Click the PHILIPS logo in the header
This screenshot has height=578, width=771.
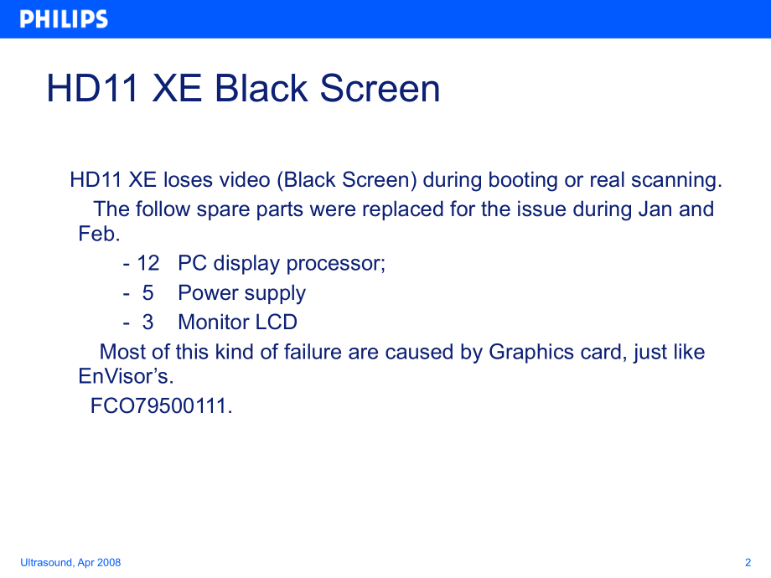pyautogui.click(x=64, y=19)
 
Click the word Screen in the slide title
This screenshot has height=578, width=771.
pyautogui.click(x=380, y=89)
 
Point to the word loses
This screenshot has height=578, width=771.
pyautogui.click(x=188, y=180)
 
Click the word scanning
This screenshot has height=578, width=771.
pyautogui.click(x=678, y=180)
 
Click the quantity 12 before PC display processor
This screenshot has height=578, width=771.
pyautogui.click(x=147, y=263)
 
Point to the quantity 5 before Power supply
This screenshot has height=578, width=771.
pyautogui.click(x=147, y=293)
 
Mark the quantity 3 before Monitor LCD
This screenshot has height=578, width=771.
pyautogui.click(x=147, y=322)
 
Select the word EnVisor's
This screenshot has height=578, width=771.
pyautogui.click(x=126, y=377)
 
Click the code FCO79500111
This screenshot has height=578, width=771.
pyautogui.click(x=161, y=406)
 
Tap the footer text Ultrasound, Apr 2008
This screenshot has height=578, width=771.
pyautogui.click(x=70, y=562)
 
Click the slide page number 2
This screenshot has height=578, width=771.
pyautogui.click(x=747, y=562)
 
